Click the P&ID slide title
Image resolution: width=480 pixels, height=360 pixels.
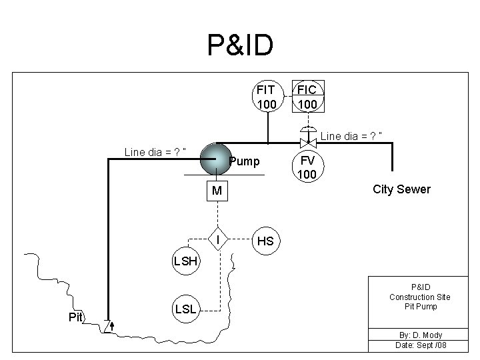240,45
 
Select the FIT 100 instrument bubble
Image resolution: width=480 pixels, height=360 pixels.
267,97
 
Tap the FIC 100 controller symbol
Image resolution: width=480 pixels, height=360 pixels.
307,97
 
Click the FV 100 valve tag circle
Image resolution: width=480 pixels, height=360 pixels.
307,167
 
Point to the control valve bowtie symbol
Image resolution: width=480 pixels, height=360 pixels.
307,143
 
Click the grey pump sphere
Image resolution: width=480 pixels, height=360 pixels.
214,159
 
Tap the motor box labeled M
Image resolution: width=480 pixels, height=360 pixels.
216,192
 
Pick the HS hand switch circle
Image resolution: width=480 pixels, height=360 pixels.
265,241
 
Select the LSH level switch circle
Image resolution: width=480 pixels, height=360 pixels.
185,261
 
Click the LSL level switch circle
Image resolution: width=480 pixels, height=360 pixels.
185,309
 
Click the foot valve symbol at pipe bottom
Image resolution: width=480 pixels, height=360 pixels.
109,327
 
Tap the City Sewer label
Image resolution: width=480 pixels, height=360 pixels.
401,189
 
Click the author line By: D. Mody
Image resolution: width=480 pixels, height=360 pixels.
419,335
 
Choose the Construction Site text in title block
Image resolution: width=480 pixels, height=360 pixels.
420,297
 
